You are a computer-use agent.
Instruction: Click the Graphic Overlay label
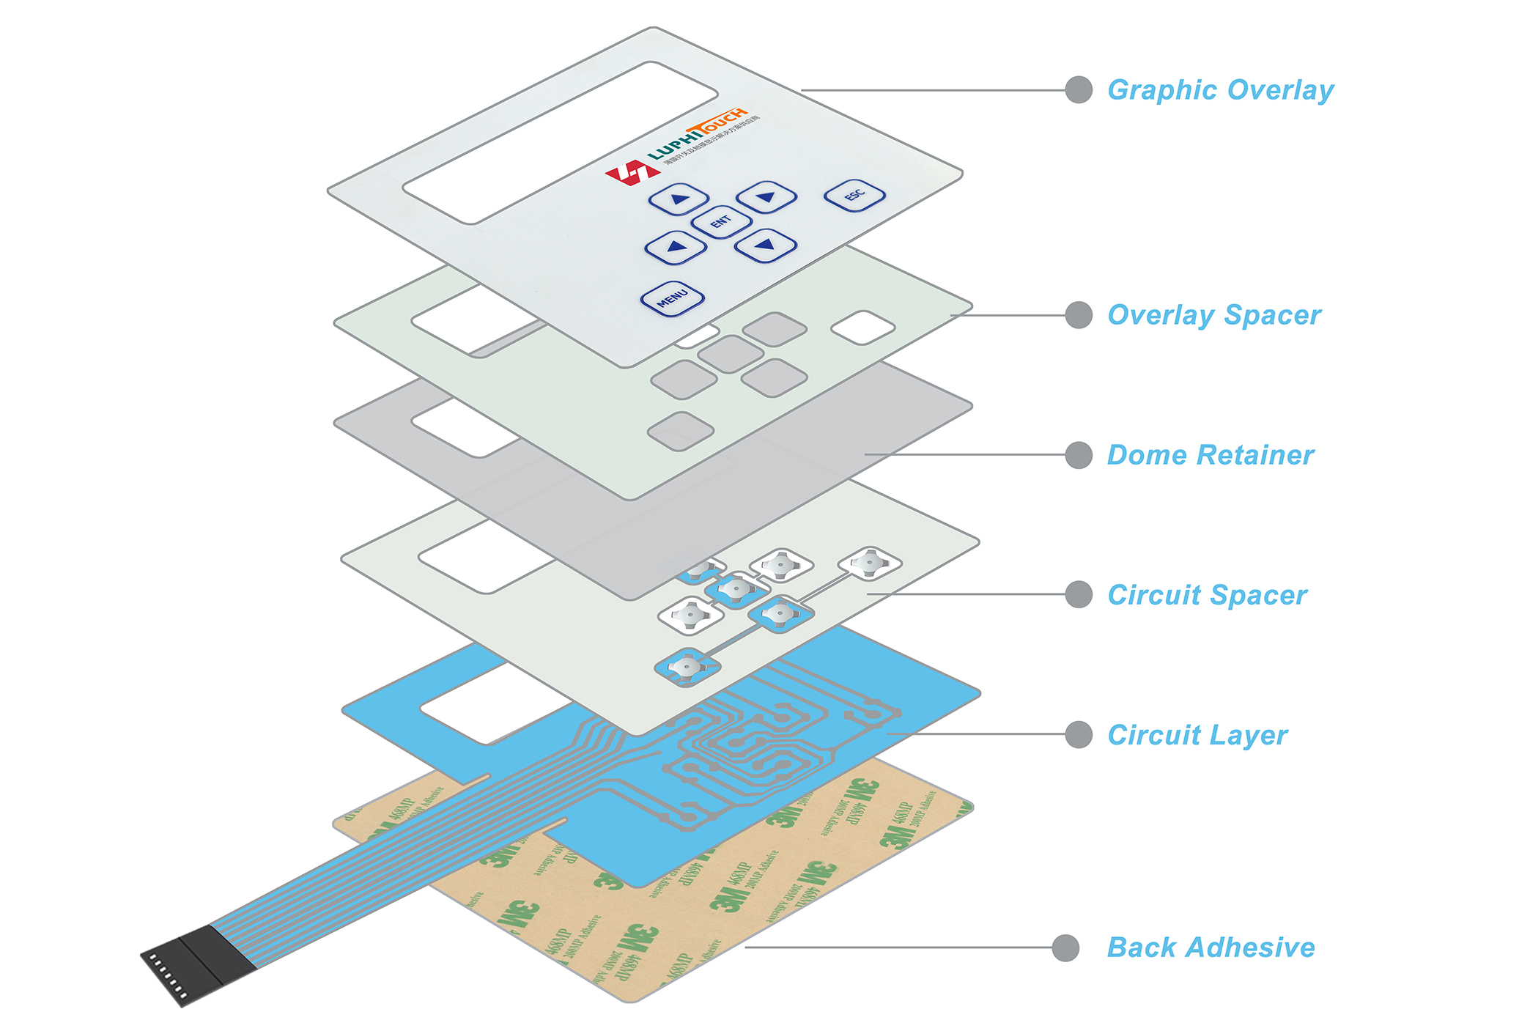(x=1220, y=90)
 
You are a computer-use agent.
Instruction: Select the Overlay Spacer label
(x=1214, y=315)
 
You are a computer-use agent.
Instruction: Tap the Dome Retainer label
(x=1211, y=455)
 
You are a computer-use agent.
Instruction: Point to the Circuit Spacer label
(x=1207, y=595)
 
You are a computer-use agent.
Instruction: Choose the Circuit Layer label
(x=1197, y=735)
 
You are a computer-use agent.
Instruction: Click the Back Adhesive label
(x=1211, y=947)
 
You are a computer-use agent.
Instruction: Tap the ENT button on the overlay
(x=721, y=221)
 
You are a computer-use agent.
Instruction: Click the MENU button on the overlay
(x=672, y=298)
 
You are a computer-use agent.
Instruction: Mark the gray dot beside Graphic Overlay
(x=1079, y=90)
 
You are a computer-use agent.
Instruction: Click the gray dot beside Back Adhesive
(x=1065, y=947)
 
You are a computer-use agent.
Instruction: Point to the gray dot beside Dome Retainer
(x=1079, y=455)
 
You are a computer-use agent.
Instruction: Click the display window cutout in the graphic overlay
(x=560, y=142)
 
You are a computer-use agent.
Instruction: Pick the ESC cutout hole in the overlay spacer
(x=862, y=328)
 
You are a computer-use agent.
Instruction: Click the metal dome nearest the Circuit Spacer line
(x=869, y=563)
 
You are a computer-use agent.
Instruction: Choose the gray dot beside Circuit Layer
(x=1079, y=734)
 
